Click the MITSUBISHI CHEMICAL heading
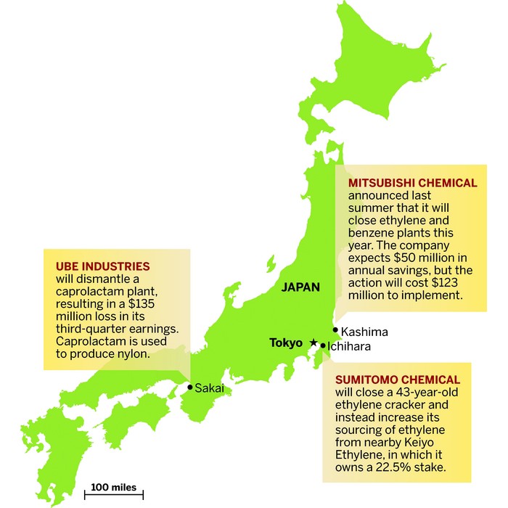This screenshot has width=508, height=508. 412,183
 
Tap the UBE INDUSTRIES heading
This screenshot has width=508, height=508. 102,266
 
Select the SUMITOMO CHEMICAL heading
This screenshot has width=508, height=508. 397,380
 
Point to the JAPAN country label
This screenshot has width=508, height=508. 300,287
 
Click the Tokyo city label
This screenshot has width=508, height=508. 285,343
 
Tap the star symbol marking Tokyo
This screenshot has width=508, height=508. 314,342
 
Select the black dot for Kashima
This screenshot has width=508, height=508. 335,330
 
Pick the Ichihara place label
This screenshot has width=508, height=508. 349,346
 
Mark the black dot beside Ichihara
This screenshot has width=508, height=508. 323,346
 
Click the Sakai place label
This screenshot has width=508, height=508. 209,388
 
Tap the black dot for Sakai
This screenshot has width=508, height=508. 190,387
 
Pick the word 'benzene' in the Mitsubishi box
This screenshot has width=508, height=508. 372,233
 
